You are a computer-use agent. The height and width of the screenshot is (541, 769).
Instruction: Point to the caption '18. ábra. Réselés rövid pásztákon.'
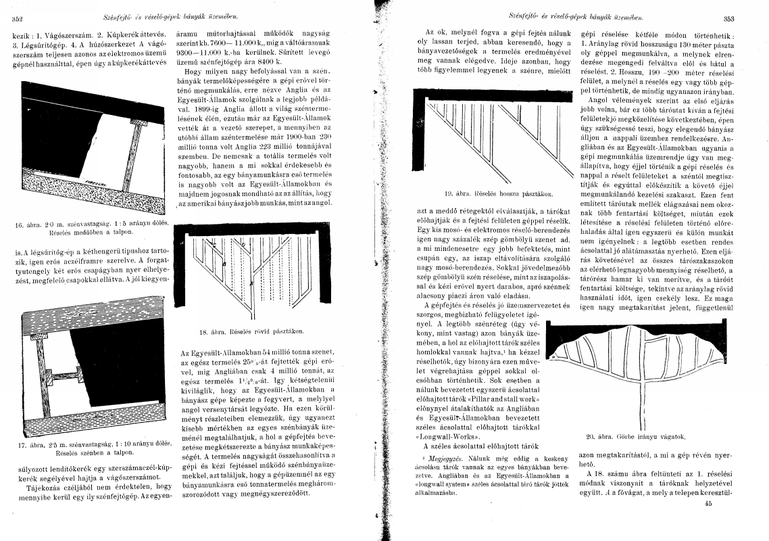coord(253,331)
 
